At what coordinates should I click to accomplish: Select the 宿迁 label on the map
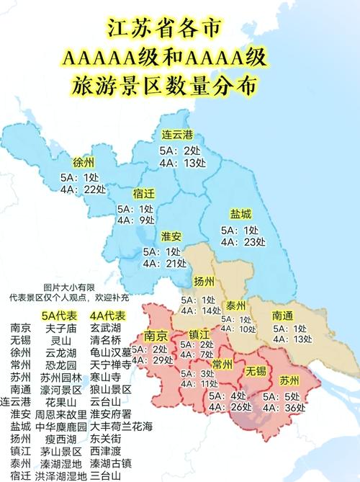tap(144, 193)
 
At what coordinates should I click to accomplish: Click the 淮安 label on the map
tap(171, 236)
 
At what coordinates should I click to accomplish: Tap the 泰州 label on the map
tap(235, 304)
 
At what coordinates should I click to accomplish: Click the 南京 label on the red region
tap(156, 335)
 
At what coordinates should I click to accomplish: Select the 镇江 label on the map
tap(199, 334)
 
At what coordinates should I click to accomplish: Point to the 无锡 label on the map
tap(256, 371)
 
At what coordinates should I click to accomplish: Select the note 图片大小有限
tap(68, 287)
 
